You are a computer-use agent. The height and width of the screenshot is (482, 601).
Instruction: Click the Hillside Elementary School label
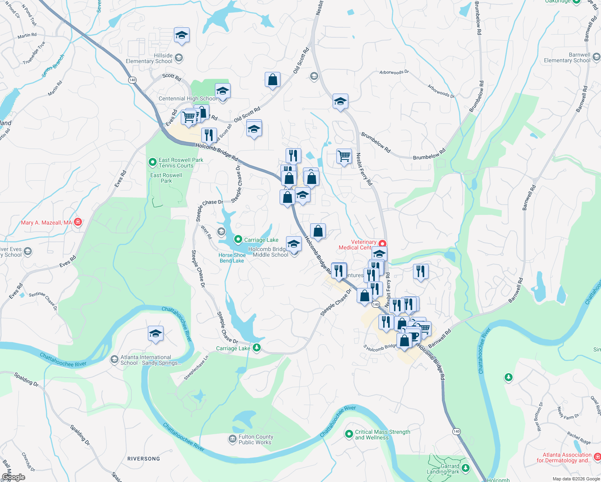coord(149,59)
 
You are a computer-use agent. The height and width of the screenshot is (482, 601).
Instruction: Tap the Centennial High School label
coord(187,99)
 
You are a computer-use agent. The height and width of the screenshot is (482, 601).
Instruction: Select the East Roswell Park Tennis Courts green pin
coord(152,162)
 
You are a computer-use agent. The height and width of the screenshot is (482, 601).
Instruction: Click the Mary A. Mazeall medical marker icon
coord(78,222)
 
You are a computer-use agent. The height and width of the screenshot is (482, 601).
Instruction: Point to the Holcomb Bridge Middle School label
coord(268,252)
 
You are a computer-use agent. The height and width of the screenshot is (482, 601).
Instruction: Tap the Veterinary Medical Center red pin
coord(382,243)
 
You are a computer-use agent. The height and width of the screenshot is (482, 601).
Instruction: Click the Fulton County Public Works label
coord(256,440)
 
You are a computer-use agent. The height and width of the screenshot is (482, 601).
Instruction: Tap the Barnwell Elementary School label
coord(567,58)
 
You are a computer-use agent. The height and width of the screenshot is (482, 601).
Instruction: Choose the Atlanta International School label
coord(151,360)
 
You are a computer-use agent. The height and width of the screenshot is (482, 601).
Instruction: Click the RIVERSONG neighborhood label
coord(143,459)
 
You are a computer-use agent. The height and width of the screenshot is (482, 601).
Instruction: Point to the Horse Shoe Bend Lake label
coord(232,258)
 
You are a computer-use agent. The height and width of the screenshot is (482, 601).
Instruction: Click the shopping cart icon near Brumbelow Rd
coord(344,156)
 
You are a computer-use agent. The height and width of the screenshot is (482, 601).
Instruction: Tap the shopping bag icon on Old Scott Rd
coord(272,80)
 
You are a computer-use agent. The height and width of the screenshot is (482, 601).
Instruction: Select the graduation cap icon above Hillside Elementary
coord(182,35)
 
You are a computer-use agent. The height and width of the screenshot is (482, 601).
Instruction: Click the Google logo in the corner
coord(13,477)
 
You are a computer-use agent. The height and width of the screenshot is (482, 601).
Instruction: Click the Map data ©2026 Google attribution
coord(576,479)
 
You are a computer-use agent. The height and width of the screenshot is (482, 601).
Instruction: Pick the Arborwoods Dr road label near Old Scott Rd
coord(394,72)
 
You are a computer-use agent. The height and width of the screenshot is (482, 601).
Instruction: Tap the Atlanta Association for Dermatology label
coord(564,458)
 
